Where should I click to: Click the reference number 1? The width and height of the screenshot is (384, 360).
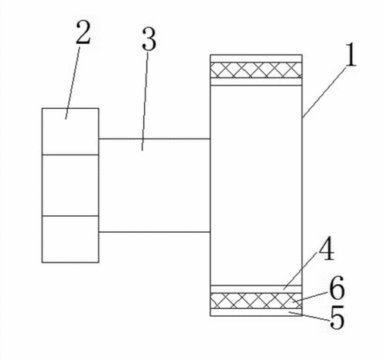click(x=350, y=55)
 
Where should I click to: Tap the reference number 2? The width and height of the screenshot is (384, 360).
click(x=83, y=32)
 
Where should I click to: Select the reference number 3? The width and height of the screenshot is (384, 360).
click(x=149, y=39)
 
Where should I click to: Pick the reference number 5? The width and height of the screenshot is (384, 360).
click(x=337, y=317)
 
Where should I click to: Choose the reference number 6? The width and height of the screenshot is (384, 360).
click(x=337, y=288)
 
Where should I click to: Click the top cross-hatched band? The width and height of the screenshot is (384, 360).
click(x=256, y=70)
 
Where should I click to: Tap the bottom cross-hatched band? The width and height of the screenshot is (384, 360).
click(x=256, y=301)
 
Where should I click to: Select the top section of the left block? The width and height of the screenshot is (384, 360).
click(x=70, y=131)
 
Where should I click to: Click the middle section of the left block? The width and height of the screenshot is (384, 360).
click(x=70, y=185)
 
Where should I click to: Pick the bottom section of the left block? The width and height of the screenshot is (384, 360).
click(x=70, y=239)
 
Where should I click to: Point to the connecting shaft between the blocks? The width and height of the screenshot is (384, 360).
click(x=154, y=186)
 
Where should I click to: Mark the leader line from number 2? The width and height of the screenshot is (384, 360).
click(x=73, y=83)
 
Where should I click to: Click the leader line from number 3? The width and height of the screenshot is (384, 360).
click(x=145, y=102)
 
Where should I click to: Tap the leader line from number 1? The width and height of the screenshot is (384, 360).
click(x=324, y=92)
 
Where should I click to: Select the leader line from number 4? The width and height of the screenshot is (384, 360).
click(x=301, y=275)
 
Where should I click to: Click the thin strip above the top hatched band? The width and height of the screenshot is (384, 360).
click(x=256, y=58)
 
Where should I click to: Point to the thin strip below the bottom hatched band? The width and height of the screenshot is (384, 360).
click(x=256, y=312)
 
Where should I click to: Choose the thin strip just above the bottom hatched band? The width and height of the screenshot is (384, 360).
click(x=256, y=289)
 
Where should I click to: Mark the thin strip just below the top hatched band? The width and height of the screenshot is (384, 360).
click(x=256, y=82)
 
